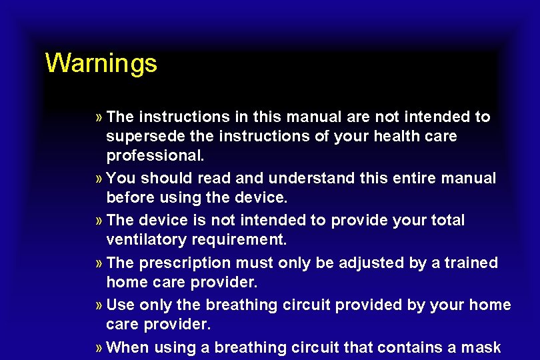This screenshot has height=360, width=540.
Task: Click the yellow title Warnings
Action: click(101, 63)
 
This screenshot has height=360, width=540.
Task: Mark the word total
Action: click(445, 221)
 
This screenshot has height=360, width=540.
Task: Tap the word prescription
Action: click(181, 263)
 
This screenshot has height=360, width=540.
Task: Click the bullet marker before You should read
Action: click(99, 179)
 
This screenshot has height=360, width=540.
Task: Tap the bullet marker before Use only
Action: click(99, 305)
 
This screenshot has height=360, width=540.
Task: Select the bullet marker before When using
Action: click(99, 347)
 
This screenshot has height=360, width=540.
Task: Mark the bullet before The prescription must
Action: click(99, 263)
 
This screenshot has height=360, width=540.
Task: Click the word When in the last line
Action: click(127, 347)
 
